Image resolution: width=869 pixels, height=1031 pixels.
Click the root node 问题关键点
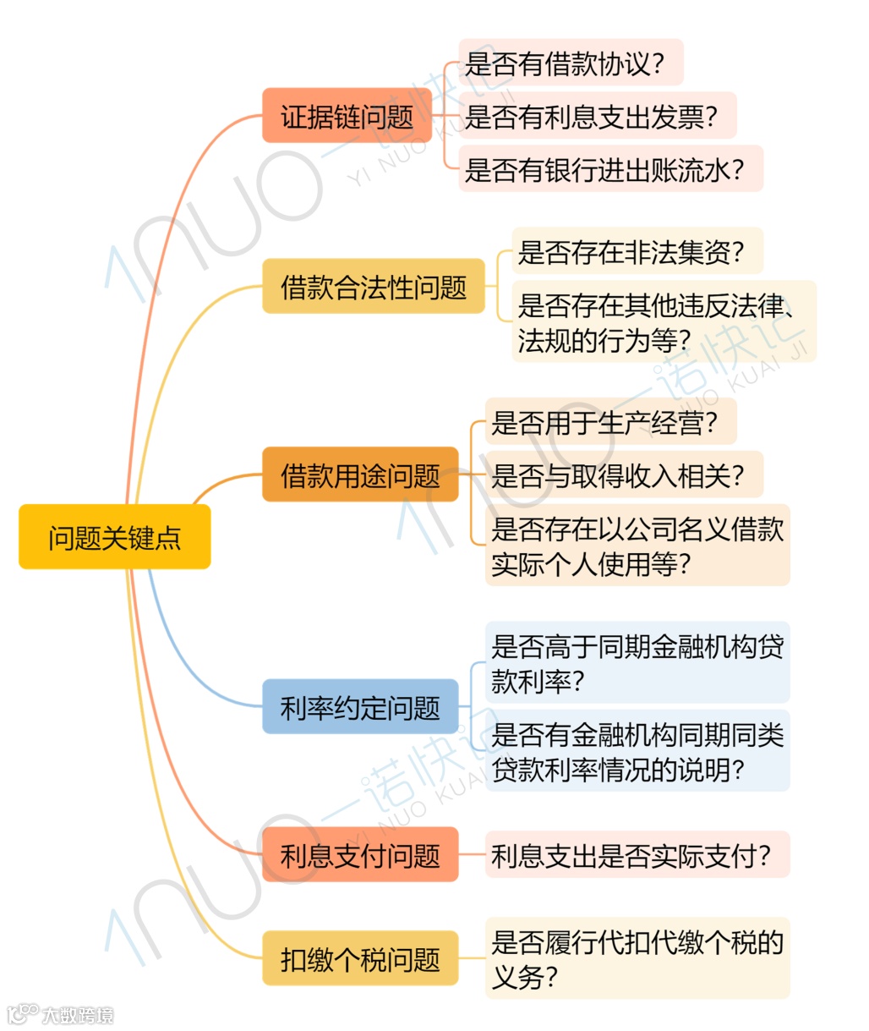[x=114, y=537]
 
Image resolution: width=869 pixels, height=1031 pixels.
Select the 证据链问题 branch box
[x=347, y=115]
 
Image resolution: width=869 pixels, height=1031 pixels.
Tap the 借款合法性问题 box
[x=373, y=287]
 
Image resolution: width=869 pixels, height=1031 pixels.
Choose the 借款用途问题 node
[x=360, y=474]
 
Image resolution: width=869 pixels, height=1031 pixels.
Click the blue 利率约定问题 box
[x=360, y=706]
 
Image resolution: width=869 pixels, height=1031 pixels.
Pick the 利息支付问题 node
[x=360, y=855]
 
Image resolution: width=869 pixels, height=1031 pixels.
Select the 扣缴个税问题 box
[x=360, y=958]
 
